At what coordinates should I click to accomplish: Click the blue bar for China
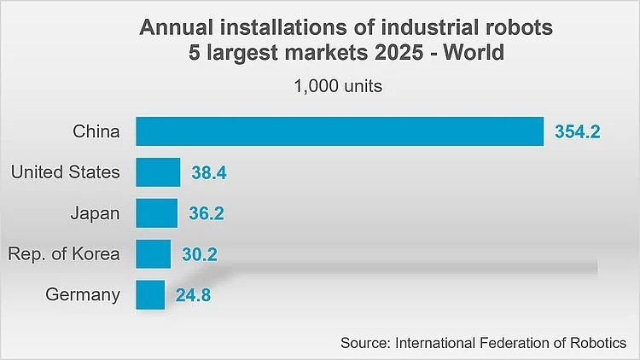click(x=340, y=131)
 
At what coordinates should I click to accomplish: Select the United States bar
click(x=158, y=172)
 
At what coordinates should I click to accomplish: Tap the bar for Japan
click(x=157, y=213)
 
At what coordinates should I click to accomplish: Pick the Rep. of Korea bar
click(x=153, y=254)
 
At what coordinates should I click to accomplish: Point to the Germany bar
click(x=150, y=294)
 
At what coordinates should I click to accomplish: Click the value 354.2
click(x=577, y=132)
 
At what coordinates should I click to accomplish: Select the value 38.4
click(x=209, y=172)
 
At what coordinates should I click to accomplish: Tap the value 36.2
click(x=207, y=213)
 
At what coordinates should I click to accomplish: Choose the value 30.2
click(x=199, y=254)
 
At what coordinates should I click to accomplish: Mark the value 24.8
click(x=193, y=295)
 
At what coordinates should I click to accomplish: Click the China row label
click(x=96, y=131)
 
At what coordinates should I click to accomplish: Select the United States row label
click(x=66, y=171)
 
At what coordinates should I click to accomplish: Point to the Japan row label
click(x=95, y=214)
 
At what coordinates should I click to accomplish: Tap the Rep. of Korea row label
click(x=64, y=254)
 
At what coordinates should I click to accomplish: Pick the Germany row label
click(x=83, y=294)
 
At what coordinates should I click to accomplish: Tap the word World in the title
click(x=474, y=53)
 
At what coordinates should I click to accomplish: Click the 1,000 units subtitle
click(x=338, y=86)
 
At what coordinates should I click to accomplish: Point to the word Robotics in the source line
click(x=598, y=343)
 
